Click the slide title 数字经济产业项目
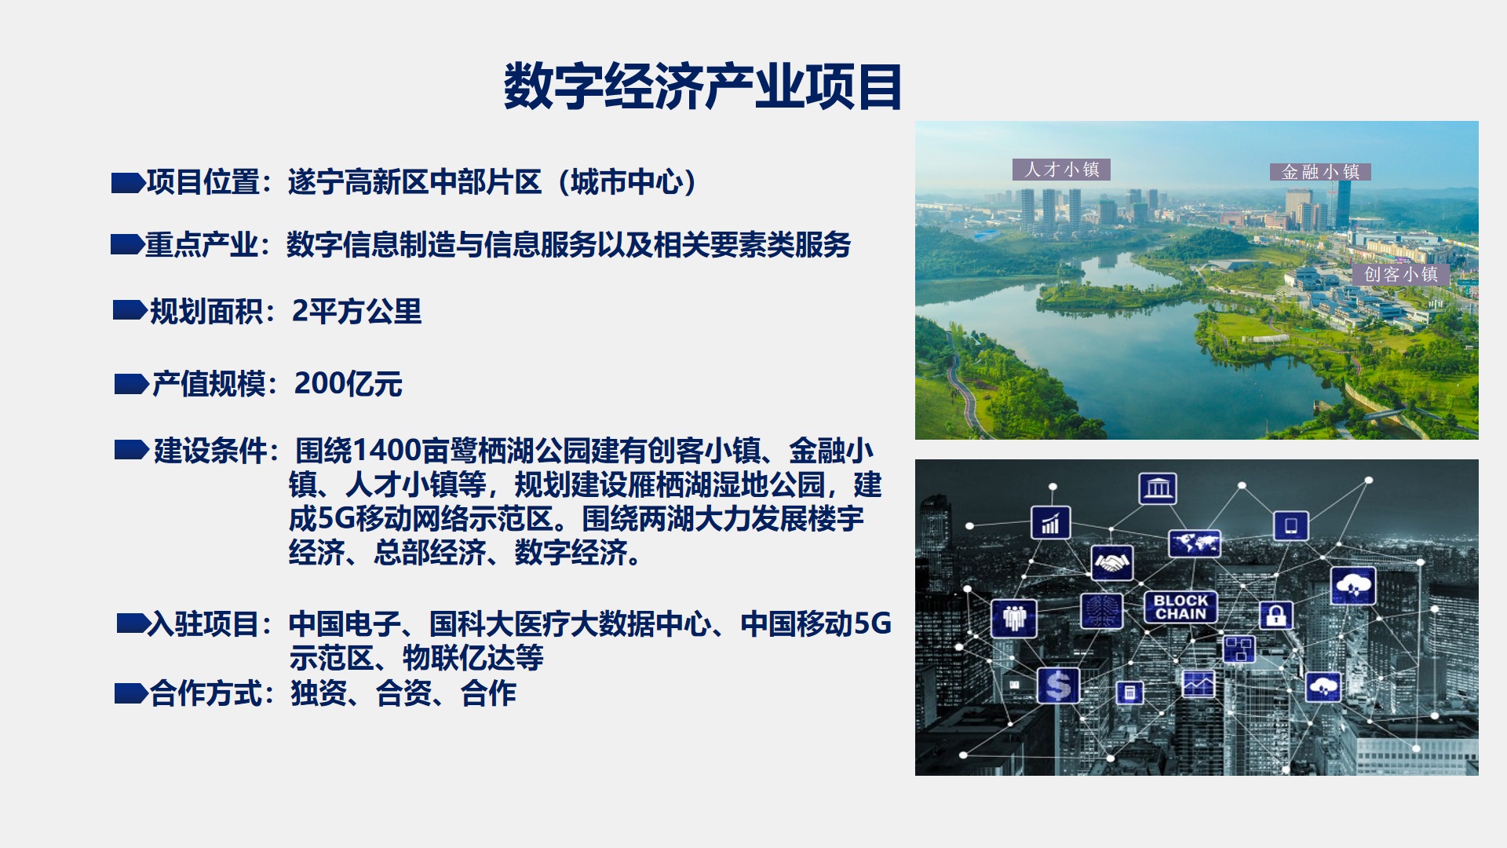point(702,86)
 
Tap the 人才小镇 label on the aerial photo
point(1061,170)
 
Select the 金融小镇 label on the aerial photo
point(1320,172)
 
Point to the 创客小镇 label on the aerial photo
point(1401,274)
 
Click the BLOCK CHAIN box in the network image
point(1180,607)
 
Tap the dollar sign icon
point(1058,685)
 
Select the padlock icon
point(1275,615)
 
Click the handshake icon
point(1112,563)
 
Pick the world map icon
point(1195,543)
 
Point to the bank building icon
point(1158,488)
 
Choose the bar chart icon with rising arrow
point(1050,522)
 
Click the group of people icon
point(1014,618)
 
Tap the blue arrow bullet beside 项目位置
point(128,183)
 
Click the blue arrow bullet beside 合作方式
point(131,693)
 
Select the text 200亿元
point(348,384)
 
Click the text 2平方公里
point(356,312)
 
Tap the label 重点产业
point(201,245)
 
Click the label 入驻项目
point(203,624)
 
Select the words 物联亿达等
point(473,658)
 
